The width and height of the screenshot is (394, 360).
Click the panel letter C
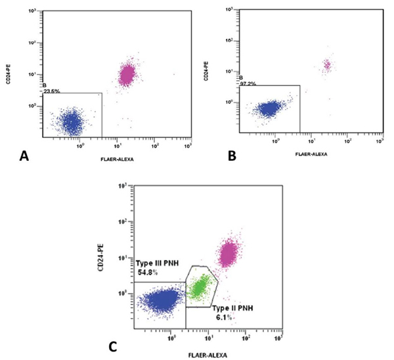click(x=113, y=344)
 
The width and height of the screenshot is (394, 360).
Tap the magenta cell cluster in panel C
click(x=229, y=253)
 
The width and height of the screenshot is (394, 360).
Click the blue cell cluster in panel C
click(x=161, y=300)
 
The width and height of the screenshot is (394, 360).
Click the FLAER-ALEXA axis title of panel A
click(x=118, y=158)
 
